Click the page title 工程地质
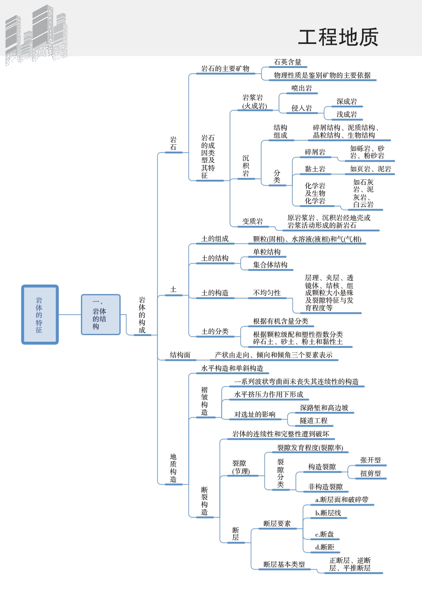point(338,37)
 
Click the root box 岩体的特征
point(40,315)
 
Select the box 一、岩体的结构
point(100,315)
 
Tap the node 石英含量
point(287,62)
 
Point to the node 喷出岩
point(302,88)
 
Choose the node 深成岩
point(346,102)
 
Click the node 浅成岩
point(346,115)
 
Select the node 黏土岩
point(315,169)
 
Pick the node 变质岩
point(252,221)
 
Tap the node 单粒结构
point(267,252)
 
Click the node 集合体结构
point(270,265)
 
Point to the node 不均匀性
point(267,293)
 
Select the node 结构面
point(180,355)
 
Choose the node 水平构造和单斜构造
point(232,368)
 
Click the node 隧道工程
point(313,421)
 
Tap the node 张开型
point(370,460)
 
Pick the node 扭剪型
point(370,474)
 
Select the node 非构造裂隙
point(325,487)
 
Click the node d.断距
point(324,547)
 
